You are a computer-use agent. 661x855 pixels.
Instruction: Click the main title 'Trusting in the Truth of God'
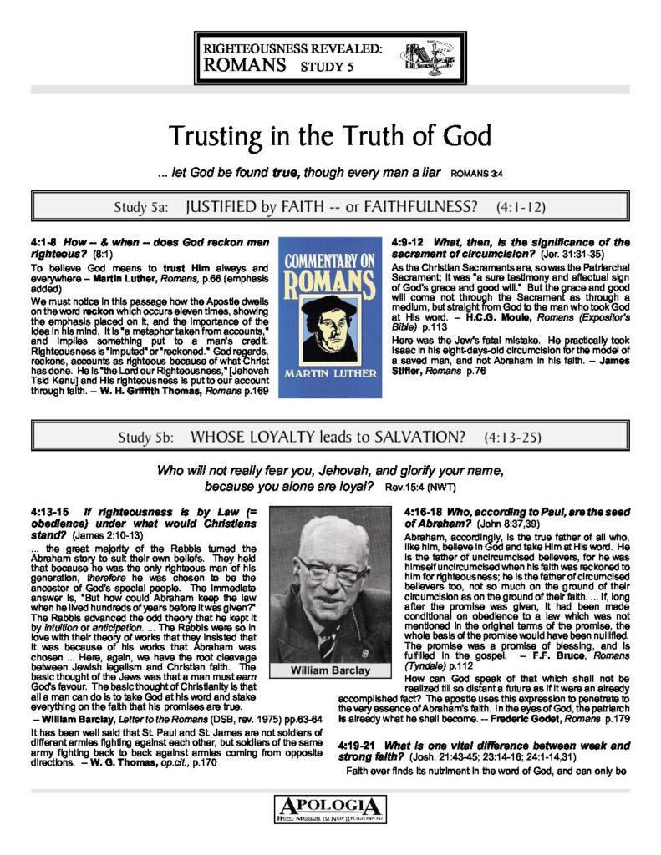[x=330, y=135]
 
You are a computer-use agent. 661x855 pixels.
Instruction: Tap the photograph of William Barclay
[x=330, y=565]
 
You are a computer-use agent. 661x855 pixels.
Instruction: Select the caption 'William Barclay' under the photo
[x=330, y=647]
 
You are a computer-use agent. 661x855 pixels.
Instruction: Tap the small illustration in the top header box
[x=429, y=56]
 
